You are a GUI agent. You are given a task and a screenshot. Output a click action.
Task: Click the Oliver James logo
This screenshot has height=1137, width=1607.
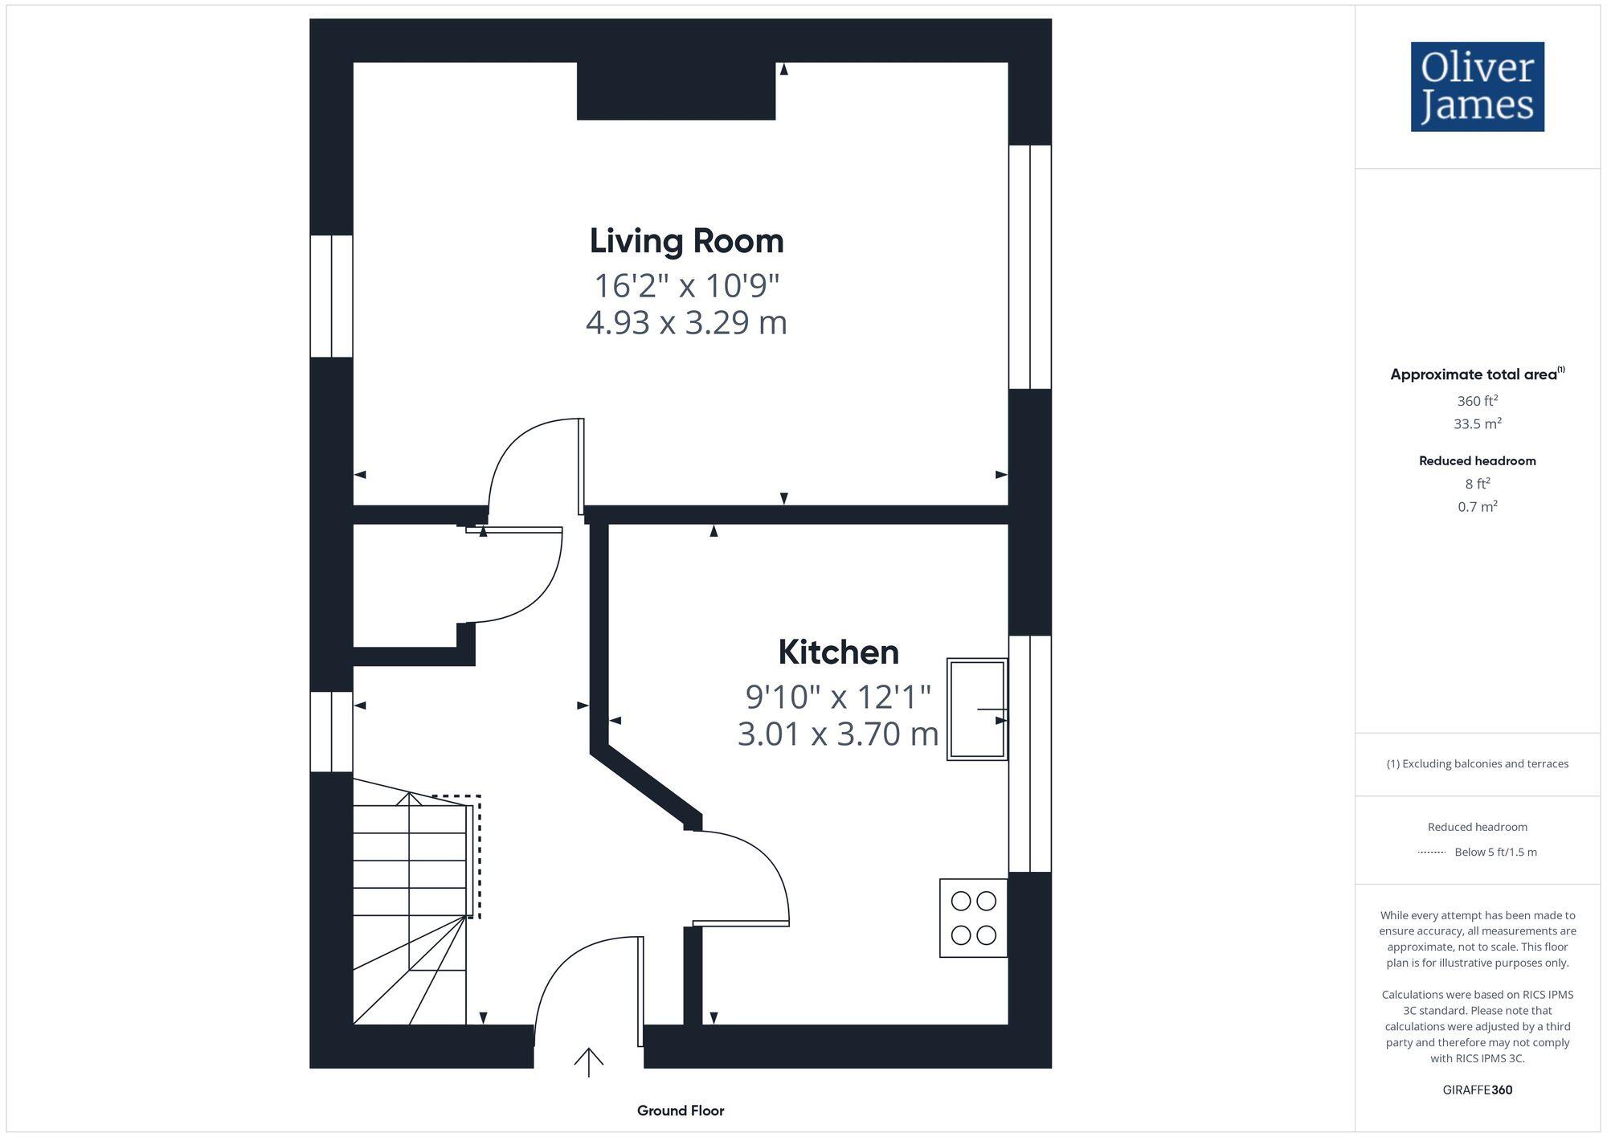tap(1477, 87)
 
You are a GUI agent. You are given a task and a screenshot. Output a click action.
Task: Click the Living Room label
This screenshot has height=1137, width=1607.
tap(686, 241)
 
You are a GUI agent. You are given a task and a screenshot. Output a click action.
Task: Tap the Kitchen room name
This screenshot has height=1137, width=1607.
tap(838, 652)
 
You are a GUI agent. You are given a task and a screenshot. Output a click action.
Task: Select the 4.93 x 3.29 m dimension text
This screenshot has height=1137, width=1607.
tap(686, 323)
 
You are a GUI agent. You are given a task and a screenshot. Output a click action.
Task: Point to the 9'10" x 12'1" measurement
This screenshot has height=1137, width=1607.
tap(838, 697)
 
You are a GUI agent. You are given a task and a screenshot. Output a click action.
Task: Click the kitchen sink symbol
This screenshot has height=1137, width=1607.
tap(976, 710)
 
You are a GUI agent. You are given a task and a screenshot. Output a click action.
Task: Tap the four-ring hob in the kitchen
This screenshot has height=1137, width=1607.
tap(973, 918)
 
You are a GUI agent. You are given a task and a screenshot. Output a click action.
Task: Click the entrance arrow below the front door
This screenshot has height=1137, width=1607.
tap(588, 1062)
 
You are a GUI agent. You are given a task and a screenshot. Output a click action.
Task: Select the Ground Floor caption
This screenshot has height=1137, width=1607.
tap(681, 1110)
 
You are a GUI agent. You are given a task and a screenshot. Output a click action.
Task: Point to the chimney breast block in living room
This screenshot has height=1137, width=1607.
tap(676, 91)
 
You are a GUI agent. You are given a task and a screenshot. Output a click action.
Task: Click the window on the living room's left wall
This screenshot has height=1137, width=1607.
tap(331, 296)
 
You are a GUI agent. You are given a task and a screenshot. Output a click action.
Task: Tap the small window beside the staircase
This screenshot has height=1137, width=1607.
tap(331, 731)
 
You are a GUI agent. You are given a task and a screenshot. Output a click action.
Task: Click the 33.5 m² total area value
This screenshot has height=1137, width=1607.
tap(1477, 423)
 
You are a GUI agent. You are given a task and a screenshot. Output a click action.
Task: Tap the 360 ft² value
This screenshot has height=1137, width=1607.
tap(1477, 401)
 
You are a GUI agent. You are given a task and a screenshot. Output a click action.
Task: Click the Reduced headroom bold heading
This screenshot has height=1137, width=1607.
tap(1477, 460)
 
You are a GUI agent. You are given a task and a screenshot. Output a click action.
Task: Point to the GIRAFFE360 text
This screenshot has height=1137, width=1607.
tap(1477, 1090)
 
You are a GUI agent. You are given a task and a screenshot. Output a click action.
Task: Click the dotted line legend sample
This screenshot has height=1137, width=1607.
tap(1432, 852)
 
